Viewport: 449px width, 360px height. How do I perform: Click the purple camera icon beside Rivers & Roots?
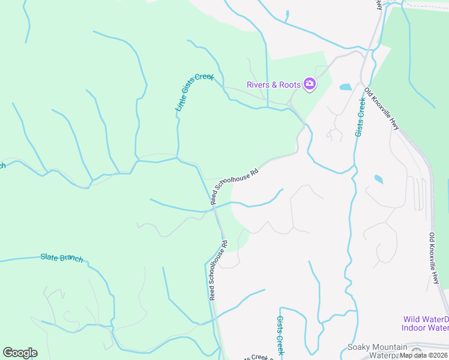click(x=310, y=83)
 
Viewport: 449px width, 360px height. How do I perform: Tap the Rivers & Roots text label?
click(x=274, y=85)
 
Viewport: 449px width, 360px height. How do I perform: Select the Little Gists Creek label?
click(x=194, y=92)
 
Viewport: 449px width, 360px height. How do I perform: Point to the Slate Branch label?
click(x=62, y=258)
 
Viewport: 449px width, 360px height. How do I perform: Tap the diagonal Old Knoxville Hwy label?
click(x=382, y=109)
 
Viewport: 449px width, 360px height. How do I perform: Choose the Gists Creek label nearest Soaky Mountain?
click(x=280, y=336)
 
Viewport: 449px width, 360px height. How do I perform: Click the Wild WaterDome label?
click(x=425, y=319)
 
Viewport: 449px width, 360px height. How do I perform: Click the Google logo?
click(x=20, y=353)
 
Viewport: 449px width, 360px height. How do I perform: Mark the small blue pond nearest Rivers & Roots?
click(x=346, y=87)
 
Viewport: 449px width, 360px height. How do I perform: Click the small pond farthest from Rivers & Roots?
click(x=378, y=179)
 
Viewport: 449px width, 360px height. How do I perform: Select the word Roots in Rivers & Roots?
click(x=288, y=85)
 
